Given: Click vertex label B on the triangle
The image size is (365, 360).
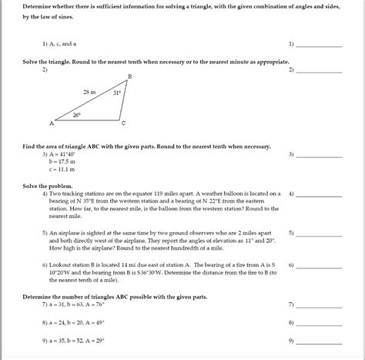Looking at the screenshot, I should point(129,76).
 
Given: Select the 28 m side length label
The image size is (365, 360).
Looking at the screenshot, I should point(90,92).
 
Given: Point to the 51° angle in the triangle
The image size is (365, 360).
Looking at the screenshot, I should point(117,93).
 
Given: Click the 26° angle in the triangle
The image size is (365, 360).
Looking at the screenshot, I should point(76,115).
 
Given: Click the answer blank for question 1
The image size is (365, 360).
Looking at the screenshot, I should point(318,45).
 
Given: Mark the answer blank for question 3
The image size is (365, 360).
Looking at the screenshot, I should point(318,156).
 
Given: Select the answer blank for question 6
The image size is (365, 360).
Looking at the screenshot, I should point(318,266).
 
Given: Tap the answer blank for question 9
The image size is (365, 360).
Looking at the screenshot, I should point(318,341).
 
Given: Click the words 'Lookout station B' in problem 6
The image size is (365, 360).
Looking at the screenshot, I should point(73,264).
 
